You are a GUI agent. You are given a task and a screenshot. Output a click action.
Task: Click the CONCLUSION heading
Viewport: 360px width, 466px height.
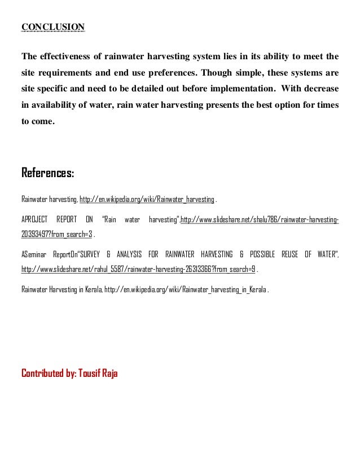[x=53, y=27]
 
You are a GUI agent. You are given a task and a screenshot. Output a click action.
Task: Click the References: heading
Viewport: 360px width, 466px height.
[x=47, y=172]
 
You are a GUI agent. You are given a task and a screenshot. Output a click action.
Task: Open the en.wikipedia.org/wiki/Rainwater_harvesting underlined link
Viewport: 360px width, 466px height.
[x=147, y=200]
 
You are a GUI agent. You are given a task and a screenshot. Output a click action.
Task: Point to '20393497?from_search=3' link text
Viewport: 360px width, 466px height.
[x=57, y=234]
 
